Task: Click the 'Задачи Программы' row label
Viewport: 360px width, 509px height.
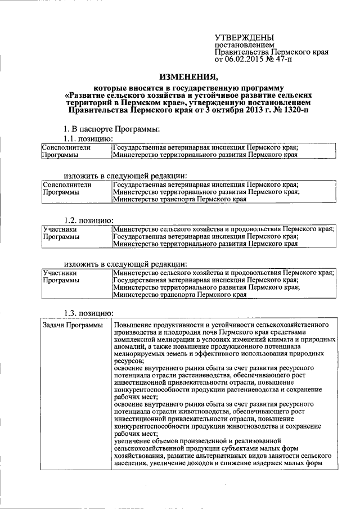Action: pos(73,326)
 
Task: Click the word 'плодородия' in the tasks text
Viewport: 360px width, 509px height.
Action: pos(178,333)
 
